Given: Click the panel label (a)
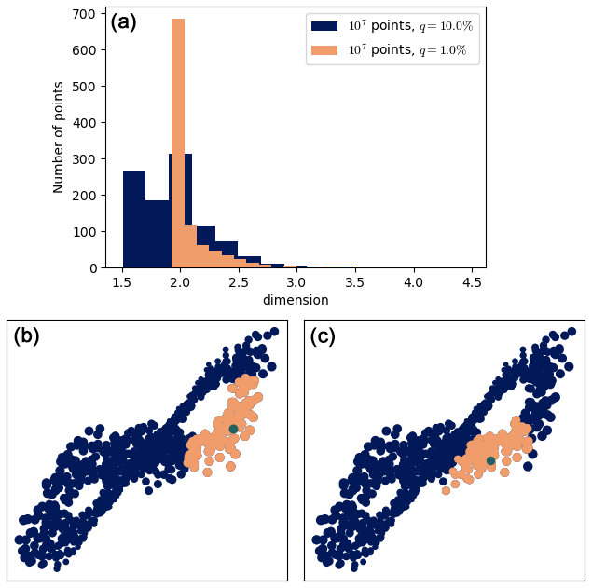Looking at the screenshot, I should (x=123, y=22).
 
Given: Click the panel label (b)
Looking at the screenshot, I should (x=26, y=336).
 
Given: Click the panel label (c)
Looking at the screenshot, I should (x=323, y=336).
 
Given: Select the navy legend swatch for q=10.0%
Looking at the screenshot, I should (x=324, y=26).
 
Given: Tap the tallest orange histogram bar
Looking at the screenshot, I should (x=178, y=140).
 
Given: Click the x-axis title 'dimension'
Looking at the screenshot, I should (x=295, y=300).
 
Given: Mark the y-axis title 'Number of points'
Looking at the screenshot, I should (x=59, y=137).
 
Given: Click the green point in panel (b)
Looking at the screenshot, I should (x=233, y=429).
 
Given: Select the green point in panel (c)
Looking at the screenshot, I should (x=490, y=460).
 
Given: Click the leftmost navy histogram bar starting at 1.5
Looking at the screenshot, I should (x=134, y=219).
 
